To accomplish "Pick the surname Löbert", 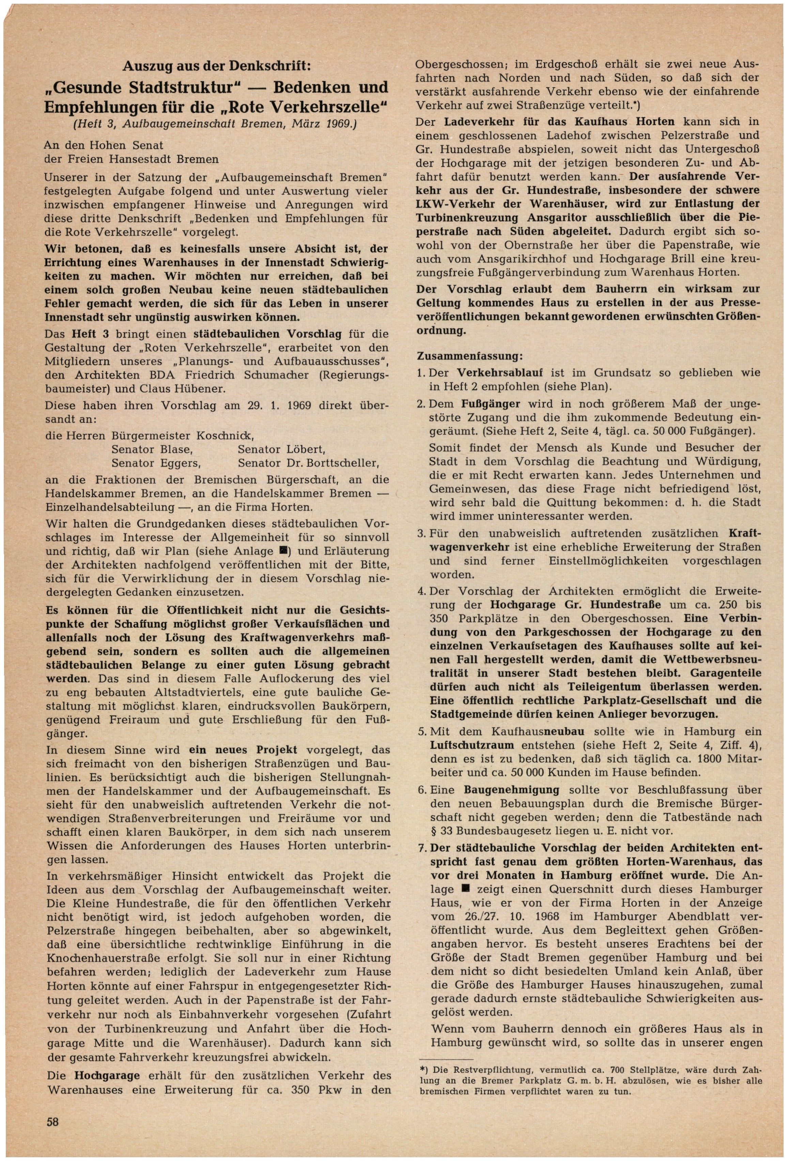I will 307,449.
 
